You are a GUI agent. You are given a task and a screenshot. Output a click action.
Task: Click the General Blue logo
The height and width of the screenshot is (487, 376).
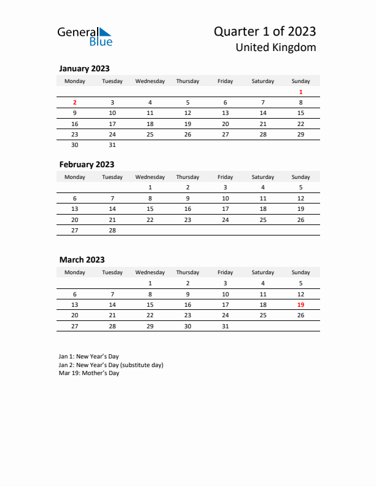point(85,36)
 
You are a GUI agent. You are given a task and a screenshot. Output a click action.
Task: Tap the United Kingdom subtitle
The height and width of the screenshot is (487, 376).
point(276,47)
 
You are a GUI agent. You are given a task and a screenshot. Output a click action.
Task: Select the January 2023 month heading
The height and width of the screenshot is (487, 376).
point(84,68)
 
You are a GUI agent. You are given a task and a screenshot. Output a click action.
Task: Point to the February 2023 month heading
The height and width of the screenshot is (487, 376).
point(87,164)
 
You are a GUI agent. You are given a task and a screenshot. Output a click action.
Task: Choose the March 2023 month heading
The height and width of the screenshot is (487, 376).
point(82,260)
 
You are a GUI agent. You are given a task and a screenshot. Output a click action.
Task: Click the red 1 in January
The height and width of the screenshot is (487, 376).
point(300,92)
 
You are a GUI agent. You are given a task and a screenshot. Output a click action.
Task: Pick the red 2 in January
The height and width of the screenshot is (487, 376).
point(75,103)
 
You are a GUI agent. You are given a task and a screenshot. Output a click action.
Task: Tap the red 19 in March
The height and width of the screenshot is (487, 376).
point(300,305)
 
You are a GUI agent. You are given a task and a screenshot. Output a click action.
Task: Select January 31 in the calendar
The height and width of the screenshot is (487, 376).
point(112,145)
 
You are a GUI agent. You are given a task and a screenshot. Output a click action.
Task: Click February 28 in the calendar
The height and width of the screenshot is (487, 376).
point(112,230)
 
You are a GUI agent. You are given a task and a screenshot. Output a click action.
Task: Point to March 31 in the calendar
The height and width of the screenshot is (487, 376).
point(225,327)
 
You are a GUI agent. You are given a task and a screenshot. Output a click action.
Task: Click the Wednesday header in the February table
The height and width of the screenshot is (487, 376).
point(150,177)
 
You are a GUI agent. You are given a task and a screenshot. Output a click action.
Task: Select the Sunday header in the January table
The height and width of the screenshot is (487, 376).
point(300,81)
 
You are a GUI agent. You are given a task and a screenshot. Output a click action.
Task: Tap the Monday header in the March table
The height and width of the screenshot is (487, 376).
point(75,272)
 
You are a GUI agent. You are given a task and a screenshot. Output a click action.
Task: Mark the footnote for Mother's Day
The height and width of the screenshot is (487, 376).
point(89,373)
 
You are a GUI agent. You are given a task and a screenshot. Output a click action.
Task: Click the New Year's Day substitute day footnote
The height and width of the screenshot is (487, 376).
point(111,365)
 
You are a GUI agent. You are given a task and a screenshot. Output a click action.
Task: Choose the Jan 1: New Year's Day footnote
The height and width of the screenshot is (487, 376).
point(89,356)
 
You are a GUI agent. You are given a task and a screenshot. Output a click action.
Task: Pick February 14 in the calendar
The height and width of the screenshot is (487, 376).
point(112,208)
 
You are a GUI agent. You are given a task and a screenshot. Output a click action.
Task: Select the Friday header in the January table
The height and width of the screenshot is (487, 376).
point(225,81)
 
